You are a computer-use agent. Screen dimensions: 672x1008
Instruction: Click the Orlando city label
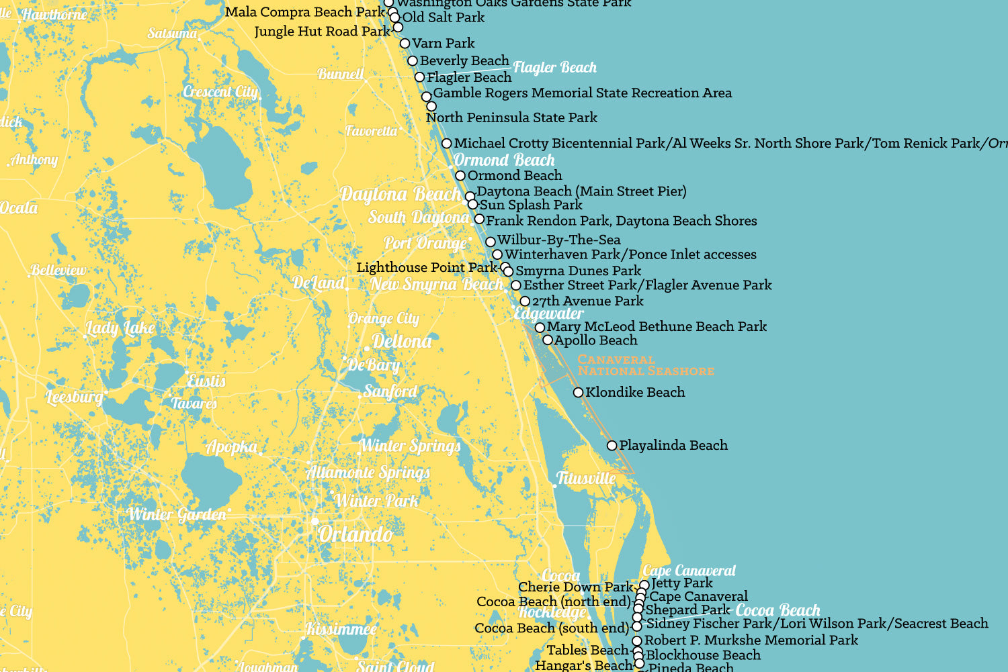(355, 534)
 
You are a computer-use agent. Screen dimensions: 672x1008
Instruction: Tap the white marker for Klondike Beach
(578, 392)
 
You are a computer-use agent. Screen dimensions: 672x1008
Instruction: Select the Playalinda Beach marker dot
(612, 445)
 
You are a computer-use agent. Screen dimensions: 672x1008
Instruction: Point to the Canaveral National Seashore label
(645, 365)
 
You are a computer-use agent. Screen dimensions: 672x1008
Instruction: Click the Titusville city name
(586, 479)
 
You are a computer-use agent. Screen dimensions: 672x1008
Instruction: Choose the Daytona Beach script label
(401, 195)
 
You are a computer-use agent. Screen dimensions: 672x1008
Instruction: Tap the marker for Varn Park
(405, 44)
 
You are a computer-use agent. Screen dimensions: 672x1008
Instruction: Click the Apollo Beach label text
(595, 340)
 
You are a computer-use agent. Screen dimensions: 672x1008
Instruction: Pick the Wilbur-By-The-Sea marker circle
(491, 242)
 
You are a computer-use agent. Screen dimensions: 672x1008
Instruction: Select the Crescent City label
(220, 92)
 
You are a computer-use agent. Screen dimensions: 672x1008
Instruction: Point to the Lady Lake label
(120, 328)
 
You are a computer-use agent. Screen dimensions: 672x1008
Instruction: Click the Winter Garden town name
(177, 515)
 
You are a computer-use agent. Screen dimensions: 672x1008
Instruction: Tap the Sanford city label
(390, 391)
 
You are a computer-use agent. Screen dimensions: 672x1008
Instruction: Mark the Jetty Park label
(681, 583)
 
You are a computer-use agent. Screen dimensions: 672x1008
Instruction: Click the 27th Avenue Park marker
(525, 301)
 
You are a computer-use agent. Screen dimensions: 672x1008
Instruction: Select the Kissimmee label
(341, 630)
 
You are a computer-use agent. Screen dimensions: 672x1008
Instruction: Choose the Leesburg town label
(75, 397)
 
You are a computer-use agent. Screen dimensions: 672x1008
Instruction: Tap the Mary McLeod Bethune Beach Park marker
(540, 328)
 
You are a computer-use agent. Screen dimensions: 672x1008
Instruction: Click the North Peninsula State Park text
(511, 117)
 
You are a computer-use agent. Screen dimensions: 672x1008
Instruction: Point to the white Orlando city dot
(314, 521)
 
